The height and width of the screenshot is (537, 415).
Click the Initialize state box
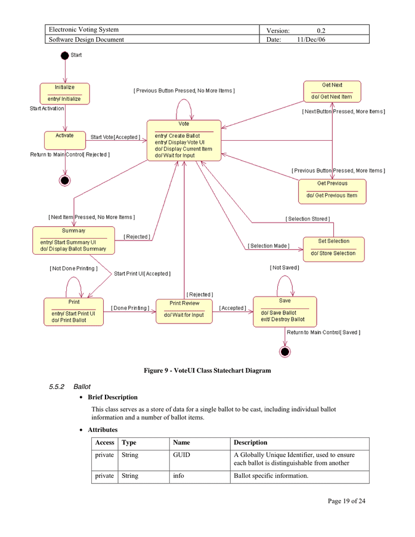tap(64, 94)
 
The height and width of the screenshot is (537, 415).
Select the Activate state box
tap(64, 140)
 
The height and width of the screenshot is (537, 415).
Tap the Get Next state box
tap(332, 91)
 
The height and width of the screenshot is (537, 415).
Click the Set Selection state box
tap(333, 248)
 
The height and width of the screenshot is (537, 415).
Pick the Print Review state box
tap(184, 311)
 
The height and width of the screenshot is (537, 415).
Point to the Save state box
tap(284, 311)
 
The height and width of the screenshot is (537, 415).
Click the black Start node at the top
tap(64, 55)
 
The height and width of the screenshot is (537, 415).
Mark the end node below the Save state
tap(285, 352)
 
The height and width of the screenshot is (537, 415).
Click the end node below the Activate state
tap(65, 180)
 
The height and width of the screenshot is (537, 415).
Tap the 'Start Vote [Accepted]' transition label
tap(115, 137)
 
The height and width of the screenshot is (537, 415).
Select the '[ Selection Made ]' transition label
tap(268, 246)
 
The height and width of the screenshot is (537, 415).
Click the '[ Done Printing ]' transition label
tap(129, 308)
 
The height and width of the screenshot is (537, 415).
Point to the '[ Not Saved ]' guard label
tap(284, 268)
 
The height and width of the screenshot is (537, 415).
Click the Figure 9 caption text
tap(207, 371)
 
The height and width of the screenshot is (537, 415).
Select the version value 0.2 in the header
tap(321, 30)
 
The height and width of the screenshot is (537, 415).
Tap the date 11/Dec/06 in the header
tap(311, 39)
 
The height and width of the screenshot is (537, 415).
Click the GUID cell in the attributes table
tap(181, 455)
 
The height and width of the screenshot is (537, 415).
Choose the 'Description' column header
tap(250, 443)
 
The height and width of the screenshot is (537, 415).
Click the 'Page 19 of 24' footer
tap(346, 501)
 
